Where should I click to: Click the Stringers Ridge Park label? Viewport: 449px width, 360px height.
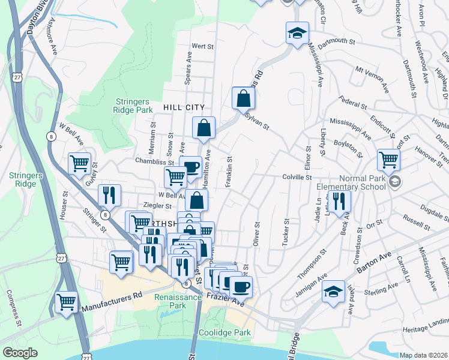coord(133,106)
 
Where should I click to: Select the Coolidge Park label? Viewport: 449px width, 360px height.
coord(224,332)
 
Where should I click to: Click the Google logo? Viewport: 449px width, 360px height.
coord(20,353)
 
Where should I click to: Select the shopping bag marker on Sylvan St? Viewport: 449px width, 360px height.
coord(243,98)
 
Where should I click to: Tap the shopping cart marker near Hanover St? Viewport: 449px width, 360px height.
coord(388,160)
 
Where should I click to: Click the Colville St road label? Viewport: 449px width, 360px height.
coord(298,177)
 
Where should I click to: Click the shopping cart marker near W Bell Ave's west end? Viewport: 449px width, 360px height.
coord(79,163)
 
